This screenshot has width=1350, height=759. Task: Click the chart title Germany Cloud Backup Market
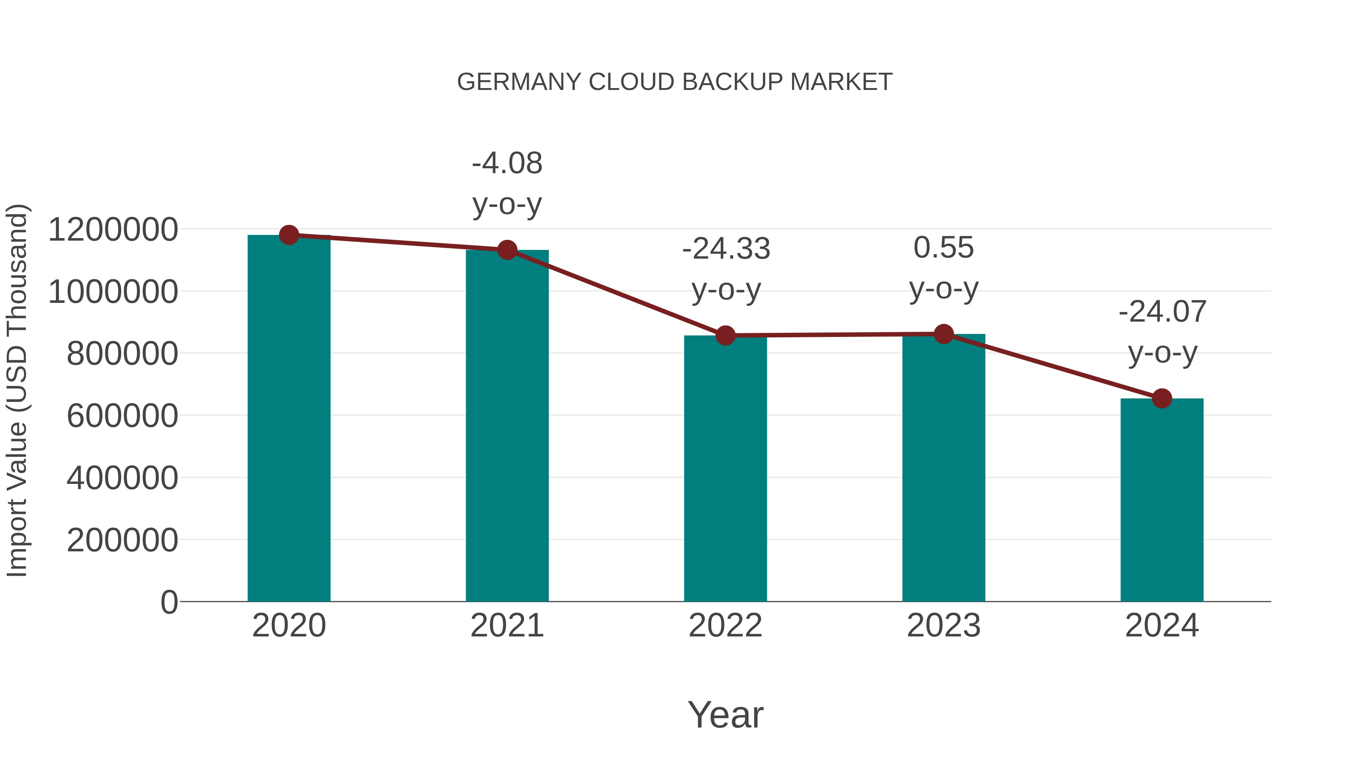point(675,82)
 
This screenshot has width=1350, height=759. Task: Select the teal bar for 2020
point(289,419)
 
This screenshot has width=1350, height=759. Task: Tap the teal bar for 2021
point(507,427)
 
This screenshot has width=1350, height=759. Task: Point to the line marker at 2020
point(289,235)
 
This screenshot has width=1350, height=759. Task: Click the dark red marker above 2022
point(725,335)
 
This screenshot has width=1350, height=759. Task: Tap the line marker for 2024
point(1162,399)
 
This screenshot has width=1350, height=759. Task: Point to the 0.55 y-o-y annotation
point(943,268)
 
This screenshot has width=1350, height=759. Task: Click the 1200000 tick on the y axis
point(112,230)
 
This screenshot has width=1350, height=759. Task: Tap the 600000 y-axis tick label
point(122,416)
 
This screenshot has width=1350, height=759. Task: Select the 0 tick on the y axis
point(169,602)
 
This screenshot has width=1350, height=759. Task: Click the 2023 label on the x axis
point(943,626)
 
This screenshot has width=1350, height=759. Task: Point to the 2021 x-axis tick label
point(507,626)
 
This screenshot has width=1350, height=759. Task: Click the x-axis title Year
point(725,715)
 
